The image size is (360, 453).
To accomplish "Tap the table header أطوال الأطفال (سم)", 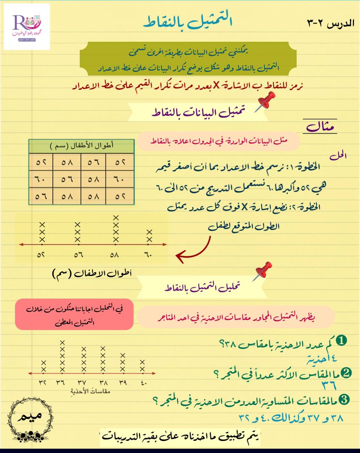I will coord(81,145).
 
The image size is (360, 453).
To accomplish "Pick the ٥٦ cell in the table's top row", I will coord(93,163).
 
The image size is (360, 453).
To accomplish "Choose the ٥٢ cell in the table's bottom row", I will coord(120,196).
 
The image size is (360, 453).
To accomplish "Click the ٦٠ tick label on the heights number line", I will coord(148,254).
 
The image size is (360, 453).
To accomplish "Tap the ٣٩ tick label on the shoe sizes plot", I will coord(123,383).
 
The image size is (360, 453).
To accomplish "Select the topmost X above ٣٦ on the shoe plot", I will coord(63,342).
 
